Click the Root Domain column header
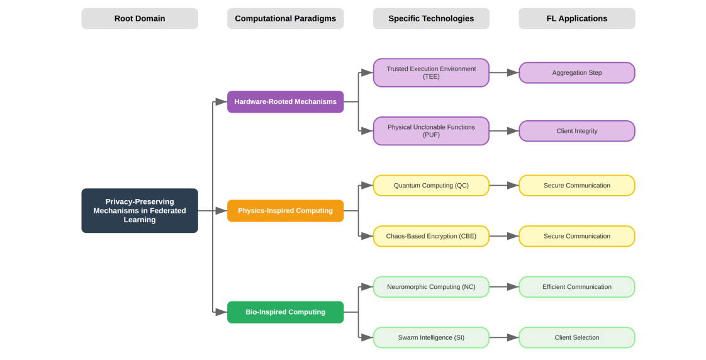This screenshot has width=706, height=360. click(x=140, y=18)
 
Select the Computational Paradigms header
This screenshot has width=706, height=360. click(x=285, y=18)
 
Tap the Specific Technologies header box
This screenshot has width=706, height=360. click(x=431, y=18)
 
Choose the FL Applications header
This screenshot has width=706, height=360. click(x=576, y=18)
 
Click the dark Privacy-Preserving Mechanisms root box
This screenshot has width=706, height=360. click(x=140, y=211)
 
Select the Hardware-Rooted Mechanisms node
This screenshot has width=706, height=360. click(x=285, y=101)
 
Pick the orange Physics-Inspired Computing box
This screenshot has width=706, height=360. click(x=285, y=211)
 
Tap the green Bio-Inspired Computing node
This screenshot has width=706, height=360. click(x=285, y=312)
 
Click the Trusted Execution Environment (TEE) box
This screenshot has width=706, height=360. click(x=431, y=72)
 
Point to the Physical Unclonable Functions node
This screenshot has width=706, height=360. click(x=431, y=131)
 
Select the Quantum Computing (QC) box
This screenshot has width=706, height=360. click(x=431, y=186)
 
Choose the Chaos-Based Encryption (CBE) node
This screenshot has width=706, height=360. click(x=431, y=236)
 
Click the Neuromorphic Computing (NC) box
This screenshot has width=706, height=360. click(x=431, y=287)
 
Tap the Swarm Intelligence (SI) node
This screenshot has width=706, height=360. click(x=431, y=337)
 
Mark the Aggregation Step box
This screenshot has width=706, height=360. click(x=576, y=72)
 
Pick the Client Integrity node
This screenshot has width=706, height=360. click(x=576, y=131)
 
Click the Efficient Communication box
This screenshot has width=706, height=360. click(x=576, y=287)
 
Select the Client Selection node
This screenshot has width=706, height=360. click(x=576, y=337)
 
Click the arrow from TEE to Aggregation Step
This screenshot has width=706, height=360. click(x=503, y=72)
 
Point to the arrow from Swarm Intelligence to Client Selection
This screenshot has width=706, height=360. click(x=503, y=337)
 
